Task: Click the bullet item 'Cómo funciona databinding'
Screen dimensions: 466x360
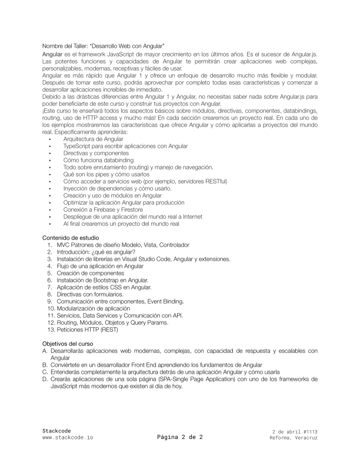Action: pyautogui.click(x=98, y=160)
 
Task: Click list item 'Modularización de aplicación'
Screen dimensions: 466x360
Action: pyautogui.click(x=97, y=308)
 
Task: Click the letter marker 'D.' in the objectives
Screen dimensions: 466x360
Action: pyautogui.click(x=45, y=379)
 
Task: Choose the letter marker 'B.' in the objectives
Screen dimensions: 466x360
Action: pyautogui.click(x=45, y=365)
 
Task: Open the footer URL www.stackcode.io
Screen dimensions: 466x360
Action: pyautogui.click(x=68, y=438)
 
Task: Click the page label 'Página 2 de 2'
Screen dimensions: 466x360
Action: pyautogui.click(x=180, y=437)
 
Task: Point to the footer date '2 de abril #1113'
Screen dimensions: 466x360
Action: pyautogui.click(x=295, y=432)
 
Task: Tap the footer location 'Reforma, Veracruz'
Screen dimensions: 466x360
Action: pyautogui.click(x=294, y=438)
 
